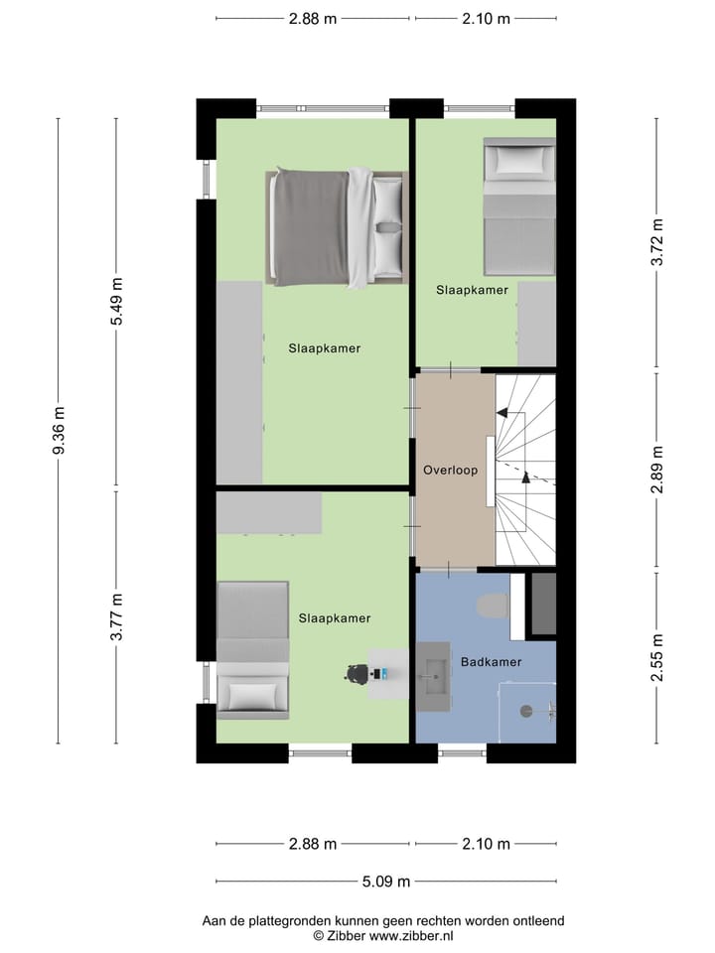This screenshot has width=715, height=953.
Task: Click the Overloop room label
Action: click(x=450, y=470)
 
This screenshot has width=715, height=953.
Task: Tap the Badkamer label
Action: click(x=491, y=661)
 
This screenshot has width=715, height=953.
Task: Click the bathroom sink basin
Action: click(x=433, y=678)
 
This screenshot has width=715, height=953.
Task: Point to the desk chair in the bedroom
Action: click(x=356, y=673)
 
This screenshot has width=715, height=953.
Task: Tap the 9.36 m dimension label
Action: click(x=59, y=433)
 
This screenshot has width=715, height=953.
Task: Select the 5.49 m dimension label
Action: click(x=116, y=303)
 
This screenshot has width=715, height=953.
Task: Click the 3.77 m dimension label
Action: click(x=116, y=617)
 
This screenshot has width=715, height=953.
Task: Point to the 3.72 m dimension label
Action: click(x=655, y=243)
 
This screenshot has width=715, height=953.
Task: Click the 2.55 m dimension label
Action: click(x=655, y=657)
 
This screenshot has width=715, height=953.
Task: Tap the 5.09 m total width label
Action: click(x=385, y=881)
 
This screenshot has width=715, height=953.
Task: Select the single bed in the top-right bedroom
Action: click(x=518, y=208)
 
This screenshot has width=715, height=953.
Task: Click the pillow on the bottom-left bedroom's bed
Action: click(x=252, y=694)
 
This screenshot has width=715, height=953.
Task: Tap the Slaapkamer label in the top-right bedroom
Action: click(x=472, y=290)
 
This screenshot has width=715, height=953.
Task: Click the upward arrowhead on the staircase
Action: click(x=525, y=478)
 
